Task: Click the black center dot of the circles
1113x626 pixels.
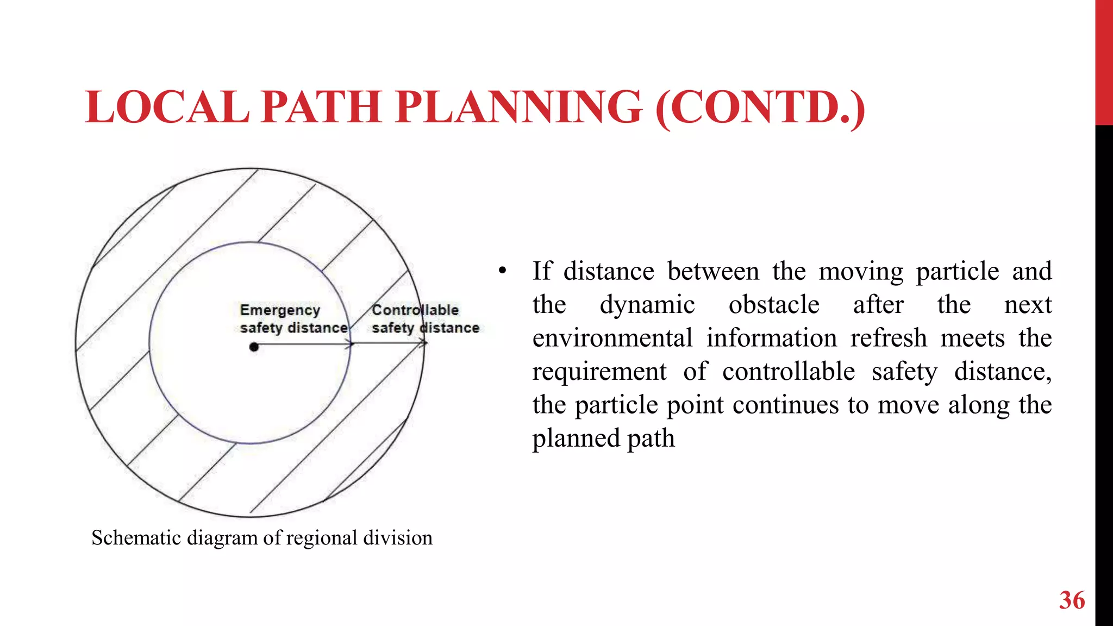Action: tap(254, 347)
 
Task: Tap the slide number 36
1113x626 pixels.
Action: tap(1072, 600)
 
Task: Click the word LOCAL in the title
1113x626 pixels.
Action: tap(167, 107)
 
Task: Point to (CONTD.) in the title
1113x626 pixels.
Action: tap(760, 108)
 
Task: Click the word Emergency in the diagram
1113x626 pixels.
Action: tap(280, 310)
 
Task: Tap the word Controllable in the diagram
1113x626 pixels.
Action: tap(415, 310)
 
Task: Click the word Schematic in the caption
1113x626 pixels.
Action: tap(136, 538)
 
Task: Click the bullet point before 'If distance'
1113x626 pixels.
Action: tap(502, 271)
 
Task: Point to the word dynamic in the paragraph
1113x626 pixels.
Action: tap(647, 305)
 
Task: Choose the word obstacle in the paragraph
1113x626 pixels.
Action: tap(774, 305)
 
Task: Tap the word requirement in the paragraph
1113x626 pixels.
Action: tap(599, 372)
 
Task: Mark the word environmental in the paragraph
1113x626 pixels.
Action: tap(612, 338)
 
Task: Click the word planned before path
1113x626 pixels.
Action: tap(576, 439)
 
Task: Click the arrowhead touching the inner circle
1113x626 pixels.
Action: tap(349, 344)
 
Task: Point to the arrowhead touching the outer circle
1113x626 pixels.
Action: tap(423, 343)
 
